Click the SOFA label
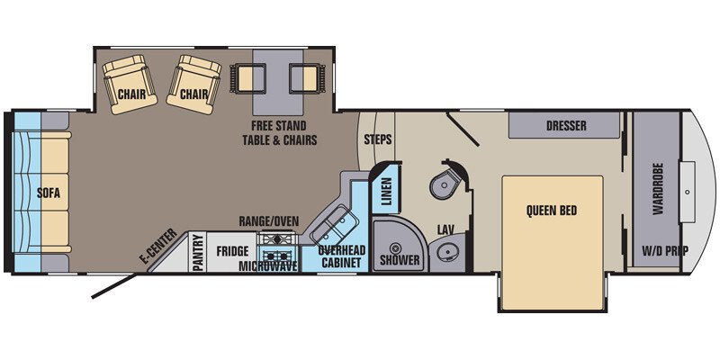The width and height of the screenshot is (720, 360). [49, 193]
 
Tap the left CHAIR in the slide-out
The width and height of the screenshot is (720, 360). [130, 85]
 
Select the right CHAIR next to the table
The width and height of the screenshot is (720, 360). [193, 85]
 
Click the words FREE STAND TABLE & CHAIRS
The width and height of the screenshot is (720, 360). [280, 132]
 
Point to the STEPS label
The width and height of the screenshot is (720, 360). [378, 139]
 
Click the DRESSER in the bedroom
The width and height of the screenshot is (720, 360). [565, 125]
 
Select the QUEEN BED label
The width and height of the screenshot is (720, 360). [552, 211]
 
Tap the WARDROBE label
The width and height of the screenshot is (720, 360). [658, 189]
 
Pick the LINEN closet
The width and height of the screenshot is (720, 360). [386, 189]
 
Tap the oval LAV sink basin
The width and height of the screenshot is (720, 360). [445, 252]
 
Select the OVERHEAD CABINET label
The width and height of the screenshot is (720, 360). [342, 256]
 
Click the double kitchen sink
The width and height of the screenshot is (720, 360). [333, 226]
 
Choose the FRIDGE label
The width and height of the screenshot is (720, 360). [233, 251]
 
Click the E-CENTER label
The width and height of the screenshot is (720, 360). [158, 247]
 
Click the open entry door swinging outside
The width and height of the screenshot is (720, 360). [114, 286]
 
